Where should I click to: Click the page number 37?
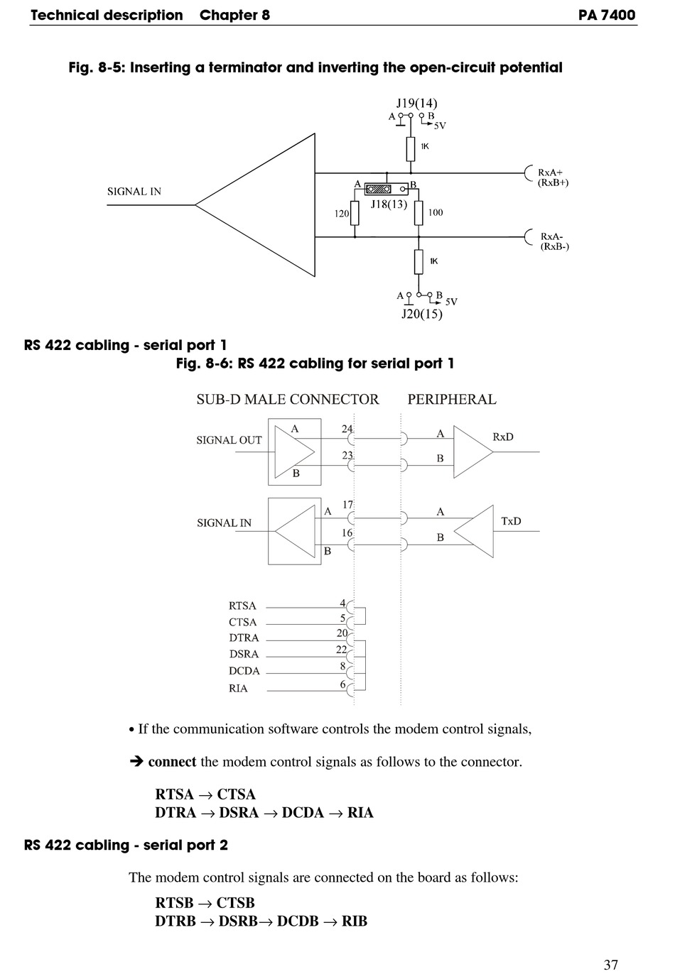point(610,964)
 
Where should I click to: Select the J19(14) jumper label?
point(416,103)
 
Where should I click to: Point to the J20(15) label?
point(421,313)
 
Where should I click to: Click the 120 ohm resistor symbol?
point(355,213)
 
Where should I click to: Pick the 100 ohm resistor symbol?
point(418,212)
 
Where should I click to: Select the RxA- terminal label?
point(553,236)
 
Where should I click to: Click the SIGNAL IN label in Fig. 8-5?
point(134,191)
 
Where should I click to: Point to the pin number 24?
point(347,429)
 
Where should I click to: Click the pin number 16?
point(347,532)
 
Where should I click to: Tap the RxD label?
point(502,437)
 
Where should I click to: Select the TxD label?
point(511,521)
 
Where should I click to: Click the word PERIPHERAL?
point(451,399)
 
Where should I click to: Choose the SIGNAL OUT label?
point(229,440)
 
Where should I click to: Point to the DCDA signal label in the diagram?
point(244,671)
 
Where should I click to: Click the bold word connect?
point(172,762)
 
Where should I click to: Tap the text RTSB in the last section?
point(174,902)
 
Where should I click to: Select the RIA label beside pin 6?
point(238,688)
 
